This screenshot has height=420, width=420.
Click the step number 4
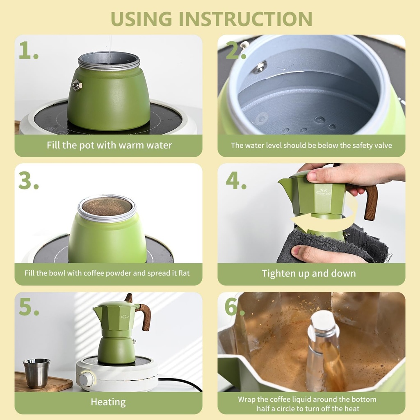(236, 180)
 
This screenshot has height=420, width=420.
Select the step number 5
(28, 308)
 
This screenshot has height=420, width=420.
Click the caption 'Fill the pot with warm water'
(109, 145)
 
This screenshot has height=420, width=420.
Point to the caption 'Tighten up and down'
(308, 274)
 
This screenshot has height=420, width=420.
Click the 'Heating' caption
(108, 402)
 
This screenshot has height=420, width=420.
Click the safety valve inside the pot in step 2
(259, 66)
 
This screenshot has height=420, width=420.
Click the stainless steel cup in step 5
(37, 373)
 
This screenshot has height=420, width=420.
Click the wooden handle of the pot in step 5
(144, 316)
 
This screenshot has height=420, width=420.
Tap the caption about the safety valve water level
(311, 145)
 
